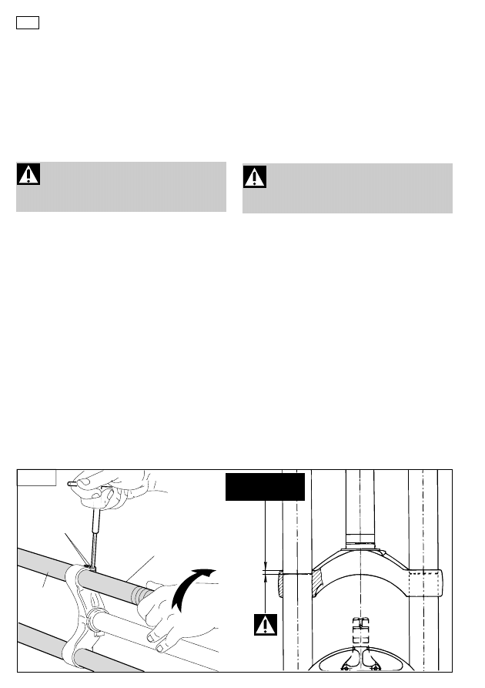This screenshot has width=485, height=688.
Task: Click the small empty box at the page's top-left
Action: (27, 22)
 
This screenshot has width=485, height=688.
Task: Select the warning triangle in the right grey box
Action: (255, 177)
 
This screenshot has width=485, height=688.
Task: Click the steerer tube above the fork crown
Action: (360, 508)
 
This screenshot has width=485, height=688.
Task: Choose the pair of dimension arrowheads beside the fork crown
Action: (264, 573)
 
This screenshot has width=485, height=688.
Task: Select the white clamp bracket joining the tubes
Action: (83, 609)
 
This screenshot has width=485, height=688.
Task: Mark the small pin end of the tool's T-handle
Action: (70, 484)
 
